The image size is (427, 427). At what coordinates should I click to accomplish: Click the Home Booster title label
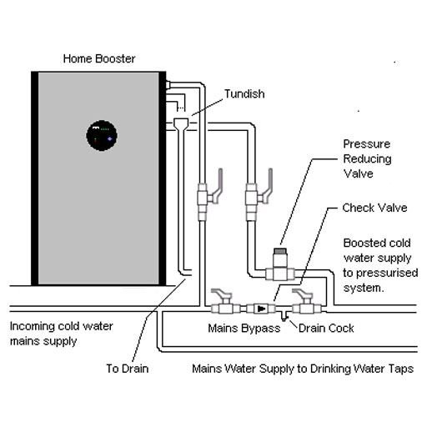[x=99, y=59]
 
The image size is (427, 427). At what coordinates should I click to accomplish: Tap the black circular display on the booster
[x=102, y=136]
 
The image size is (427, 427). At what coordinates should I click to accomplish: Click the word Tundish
[x=244, y=94]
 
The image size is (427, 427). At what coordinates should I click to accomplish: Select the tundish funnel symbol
[x=181, y=123]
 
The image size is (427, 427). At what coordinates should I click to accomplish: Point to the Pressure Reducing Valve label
[x=367, y=158]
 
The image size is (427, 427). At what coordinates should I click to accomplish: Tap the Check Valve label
[x=374, y=208]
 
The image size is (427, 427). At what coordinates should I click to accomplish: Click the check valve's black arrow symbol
[x=261, y=309]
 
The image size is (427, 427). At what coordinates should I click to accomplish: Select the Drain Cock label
[x=326, y=329]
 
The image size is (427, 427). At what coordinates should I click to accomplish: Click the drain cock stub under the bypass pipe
[x=284, y=317]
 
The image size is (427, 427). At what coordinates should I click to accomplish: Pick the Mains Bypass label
[x=244, y=329]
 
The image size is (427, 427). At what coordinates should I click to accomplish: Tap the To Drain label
[x=128, y=369]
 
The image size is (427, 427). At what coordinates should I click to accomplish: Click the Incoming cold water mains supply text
[x=62, y=334]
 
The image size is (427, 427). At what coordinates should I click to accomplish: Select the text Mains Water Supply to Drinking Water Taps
[x=303, y=369]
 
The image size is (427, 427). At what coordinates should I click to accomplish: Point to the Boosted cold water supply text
[x=380, y=265]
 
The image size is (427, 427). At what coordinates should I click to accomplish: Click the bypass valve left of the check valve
[x=225, y=302]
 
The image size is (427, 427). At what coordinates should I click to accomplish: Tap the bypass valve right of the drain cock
[x=306, y=302]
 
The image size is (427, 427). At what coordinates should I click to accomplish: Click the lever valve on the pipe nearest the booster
[x=209, y=194]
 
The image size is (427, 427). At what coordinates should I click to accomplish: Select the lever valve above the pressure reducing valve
[x=258, y=194]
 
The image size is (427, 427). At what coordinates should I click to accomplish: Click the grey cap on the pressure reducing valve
[x=280, y=251]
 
